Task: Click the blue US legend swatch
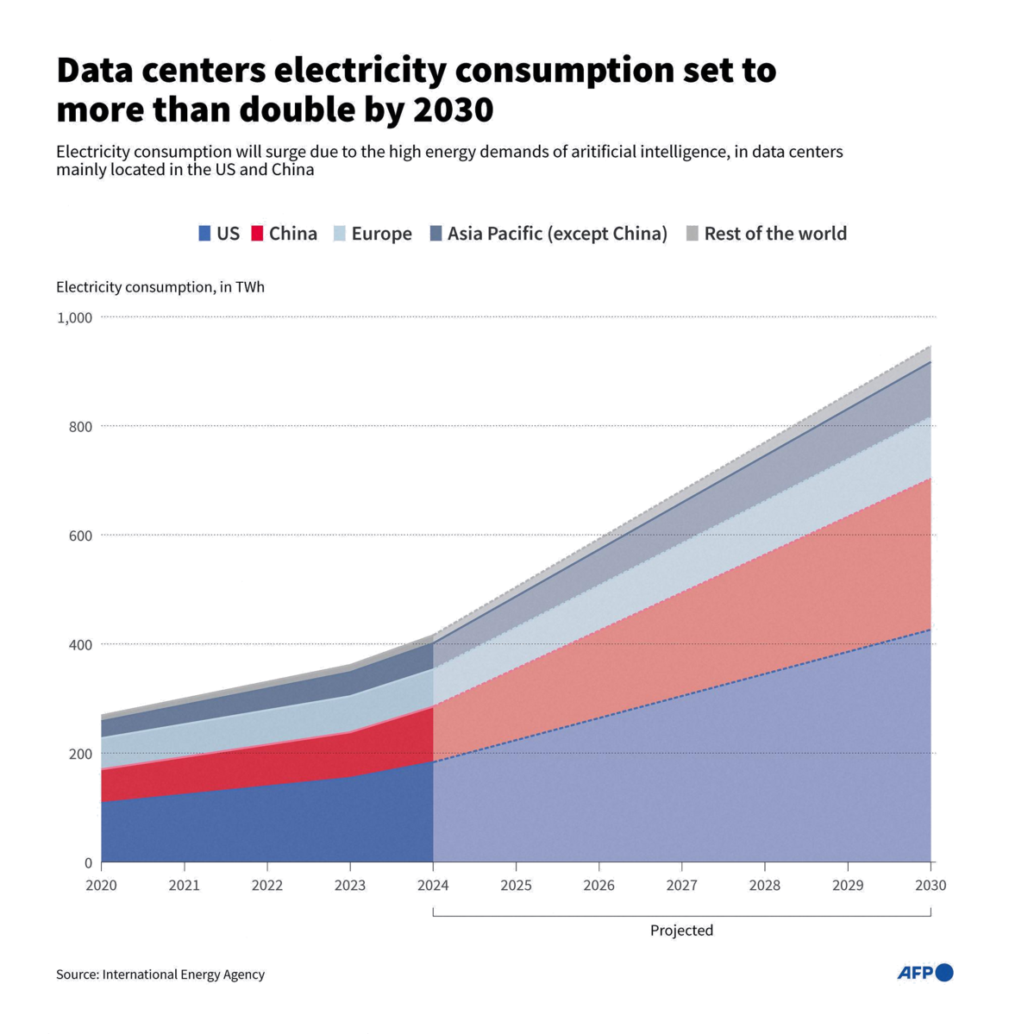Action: (x=205, y=234)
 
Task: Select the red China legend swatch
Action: (x=257, y=234)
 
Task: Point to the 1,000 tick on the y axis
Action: (x=74, y=318)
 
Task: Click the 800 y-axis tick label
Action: (x=80, y=427)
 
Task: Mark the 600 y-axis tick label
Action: (x=80, y=536)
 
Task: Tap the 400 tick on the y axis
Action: (x=80, y=644)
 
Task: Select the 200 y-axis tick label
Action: (x=80, y=754)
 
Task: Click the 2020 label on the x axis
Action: (x=101, y=886)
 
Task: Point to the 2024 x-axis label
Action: (x=434, y=886)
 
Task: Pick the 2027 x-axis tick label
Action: (x=681, y=886)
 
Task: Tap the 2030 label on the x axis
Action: (x=931, y=886)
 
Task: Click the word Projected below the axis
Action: (x=681, y=931)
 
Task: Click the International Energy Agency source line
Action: (x=161, y=974)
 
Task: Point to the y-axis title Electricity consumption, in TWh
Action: (x=161, y=288)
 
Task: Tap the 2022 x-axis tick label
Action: (x=267, y=886)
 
